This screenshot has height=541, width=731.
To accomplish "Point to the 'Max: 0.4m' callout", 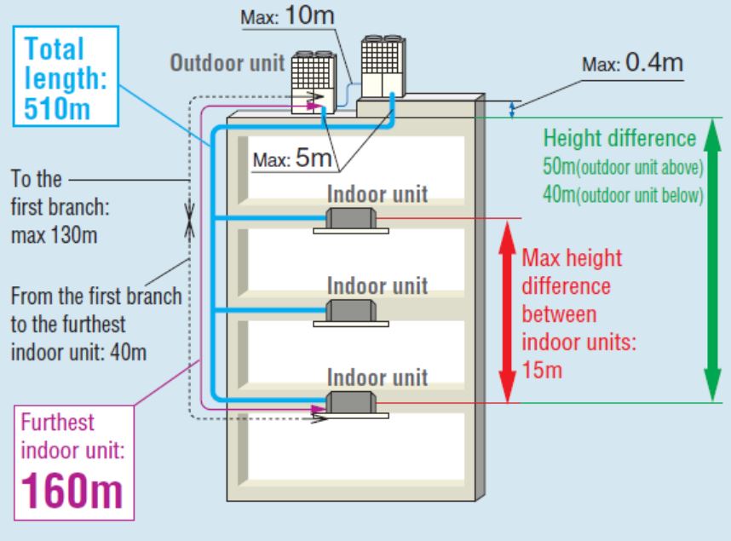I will pos(633,64).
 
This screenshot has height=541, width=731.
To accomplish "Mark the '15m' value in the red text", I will pos(538,371).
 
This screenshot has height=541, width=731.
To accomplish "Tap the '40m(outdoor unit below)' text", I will pos(621,194).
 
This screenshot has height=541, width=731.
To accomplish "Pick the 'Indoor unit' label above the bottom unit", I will pos(378,377).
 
